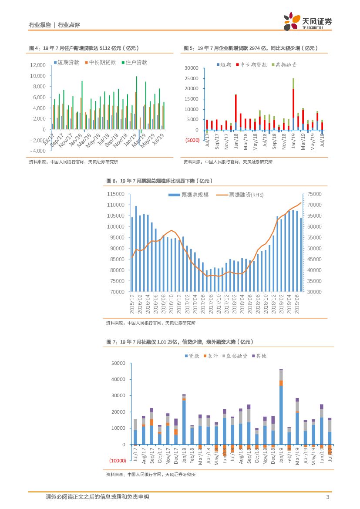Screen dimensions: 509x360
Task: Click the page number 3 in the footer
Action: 327,497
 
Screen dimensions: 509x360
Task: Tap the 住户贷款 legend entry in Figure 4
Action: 134,63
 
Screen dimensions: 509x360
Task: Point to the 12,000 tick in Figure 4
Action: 38,65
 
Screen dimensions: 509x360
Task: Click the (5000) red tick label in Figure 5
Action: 191,141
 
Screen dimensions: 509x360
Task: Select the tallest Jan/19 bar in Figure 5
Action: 293,104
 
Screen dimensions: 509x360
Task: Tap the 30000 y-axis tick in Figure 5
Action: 192,68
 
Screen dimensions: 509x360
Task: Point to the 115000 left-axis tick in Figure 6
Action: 118,194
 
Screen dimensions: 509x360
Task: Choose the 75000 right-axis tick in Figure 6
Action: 314,194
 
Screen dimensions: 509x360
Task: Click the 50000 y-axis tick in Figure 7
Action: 119,363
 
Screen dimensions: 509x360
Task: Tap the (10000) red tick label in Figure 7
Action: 117,461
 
